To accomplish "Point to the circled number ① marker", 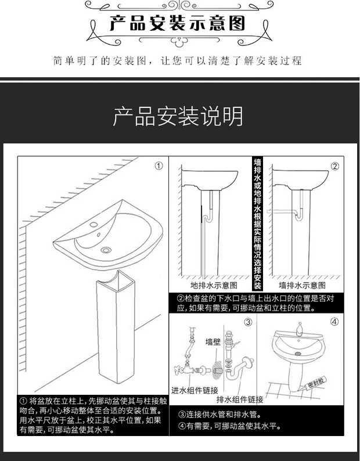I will point(158,166).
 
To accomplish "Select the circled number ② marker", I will point(334,166).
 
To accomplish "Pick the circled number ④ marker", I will point(334,322).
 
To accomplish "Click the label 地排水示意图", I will point(214,286).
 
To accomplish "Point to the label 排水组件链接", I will point(240,399).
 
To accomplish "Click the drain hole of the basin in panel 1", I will point(106,250).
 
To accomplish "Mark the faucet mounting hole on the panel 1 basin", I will point(95,225).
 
